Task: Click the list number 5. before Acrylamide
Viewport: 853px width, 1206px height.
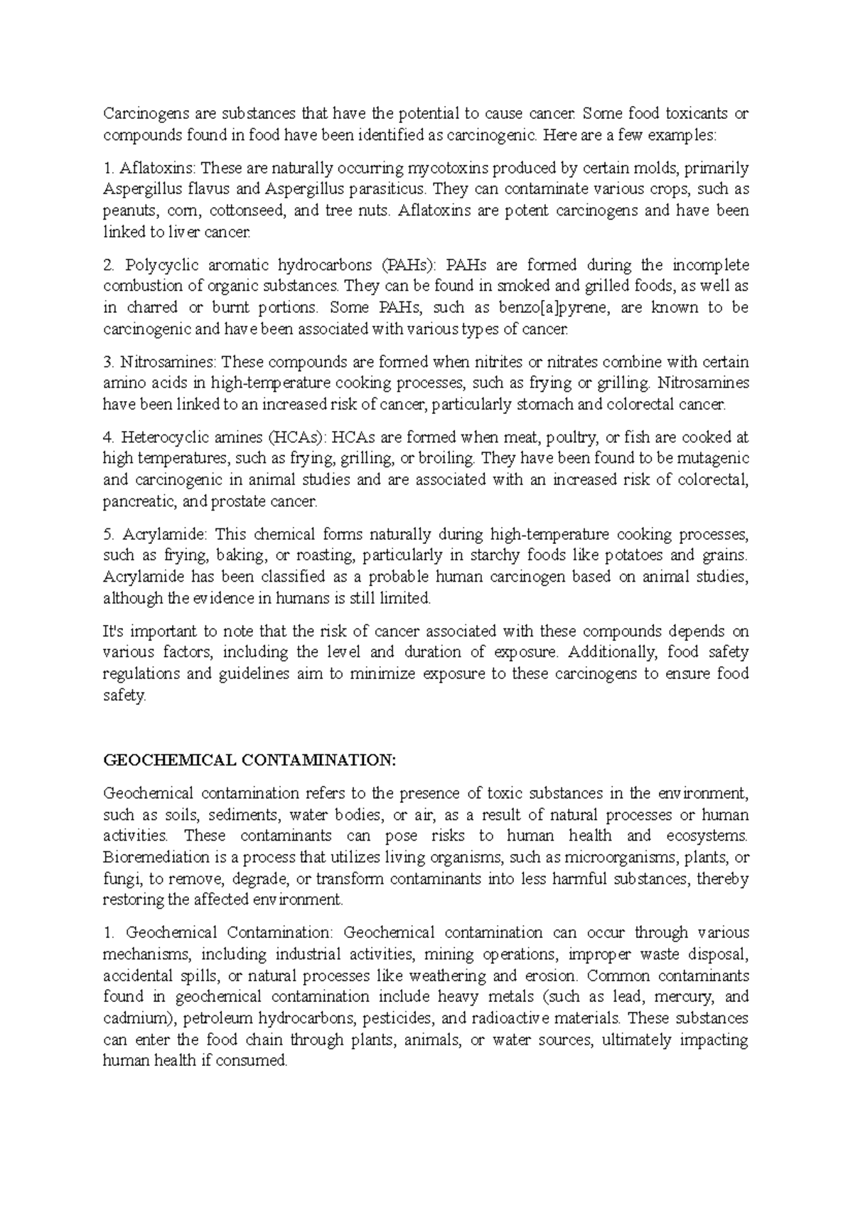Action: [x=108, y=535]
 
